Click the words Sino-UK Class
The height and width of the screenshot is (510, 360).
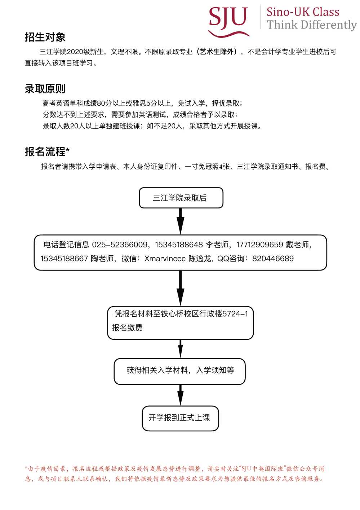coord(303,12)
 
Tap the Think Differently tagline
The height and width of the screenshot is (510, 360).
coord(312,25)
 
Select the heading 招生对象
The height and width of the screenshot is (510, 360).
coord(45,37)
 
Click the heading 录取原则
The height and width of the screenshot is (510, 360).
coord(45,89)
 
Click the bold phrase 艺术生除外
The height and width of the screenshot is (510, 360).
coord(217,52)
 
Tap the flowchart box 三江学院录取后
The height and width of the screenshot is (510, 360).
coord(181,198)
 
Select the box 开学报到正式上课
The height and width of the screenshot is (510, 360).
coord(180,418)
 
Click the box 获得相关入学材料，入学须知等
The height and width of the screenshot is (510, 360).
coord(180,371)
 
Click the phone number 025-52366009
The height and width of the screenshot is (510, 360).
coord(120,245)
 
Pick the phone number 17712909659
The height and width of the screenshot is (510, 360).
coord(259,245)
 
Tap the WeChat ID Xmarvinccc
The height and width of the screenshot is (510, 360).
coord(165,258)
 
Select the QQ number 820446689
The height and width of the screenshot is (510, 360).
coord(273,258)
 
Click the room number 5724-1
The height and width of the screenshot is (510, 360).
coord(235,314)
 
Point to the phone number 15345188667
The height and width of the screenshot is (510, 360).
coord(64,258)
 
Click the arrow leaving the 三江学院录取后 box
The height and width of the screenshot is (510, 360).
coord(181,221)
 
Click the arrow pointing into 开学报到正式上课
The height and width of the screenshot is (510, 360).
coord(181,395)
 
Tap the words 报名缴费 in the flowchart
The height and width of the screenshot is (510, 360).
coord(127,327)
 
